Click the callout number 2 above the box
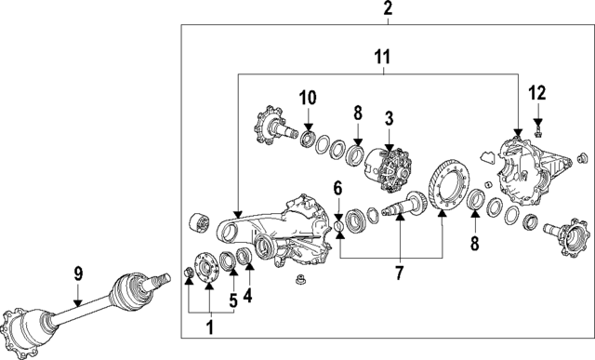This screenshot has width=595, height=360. tap(388, 10)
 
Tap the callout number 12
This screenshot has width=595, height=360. tap(537, 92)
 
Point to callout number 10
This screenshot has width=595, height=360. tap(308, 96)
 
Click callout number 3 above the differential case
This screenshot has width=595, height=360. tap(389, 119)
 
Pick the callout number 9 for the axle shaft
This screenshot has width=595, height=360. tap(79, 274)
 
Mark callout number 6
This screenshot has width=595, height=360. tap(339, 189)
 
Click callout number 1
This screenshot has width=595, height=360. tap(210, 327)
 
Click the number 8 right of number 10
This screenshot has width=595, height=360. tap(358, 114)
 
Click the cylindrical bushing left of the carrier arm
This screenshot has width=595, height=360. tap(198, 224)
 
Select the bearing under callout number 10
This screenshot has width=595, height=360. tap(308, 139)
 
